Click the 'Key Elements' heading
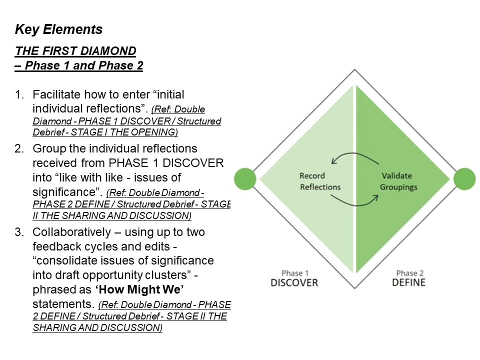coord(59,29)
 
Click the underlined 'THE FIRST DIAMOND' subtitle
coord(75,51)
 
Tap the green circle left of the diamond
coord(245,179)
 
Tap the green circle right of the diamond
coord(464,179)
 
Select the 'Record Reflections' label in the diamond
coord(320,181)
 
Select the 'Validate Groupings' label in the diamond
coord(398,181)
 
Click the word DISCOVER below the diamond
coord(294,282)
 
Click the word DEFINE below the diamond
coord(408,282)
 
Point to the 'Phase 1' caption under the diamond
coord(295,273)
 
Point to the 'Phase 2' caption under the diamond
coord(409,273)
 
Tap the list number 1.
coord(19,94)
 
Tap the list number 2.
coord(19,149)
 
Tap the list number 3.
coord(19,232)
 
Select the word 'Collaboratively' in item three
coord(71,232)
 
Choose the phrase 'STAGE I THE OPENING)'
coord(124,132)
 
